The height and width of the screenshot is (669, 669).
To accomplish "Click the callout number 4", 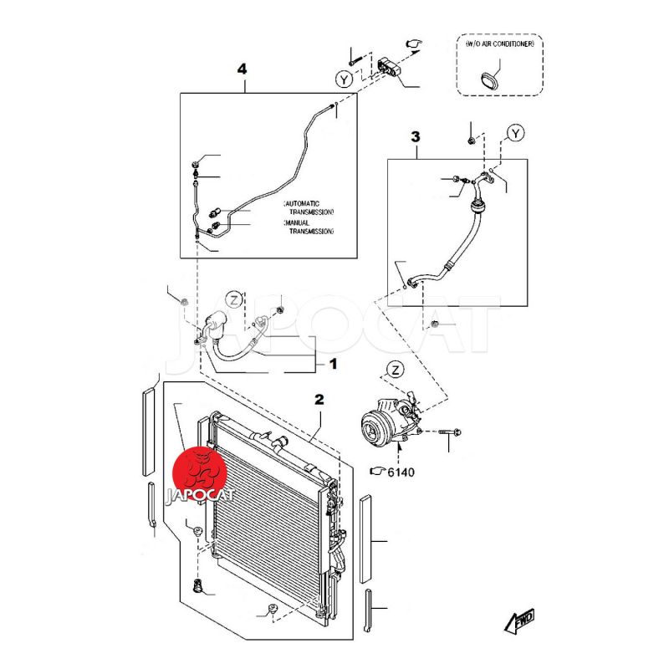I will [243, 69].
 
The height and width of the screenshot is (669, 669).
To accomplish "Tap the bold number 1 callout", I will [332, 364].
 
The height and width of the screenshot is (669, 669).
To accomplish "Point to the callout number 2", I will [319, 400].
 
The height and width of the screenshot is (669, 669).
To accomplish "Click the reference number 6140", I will [400, 472].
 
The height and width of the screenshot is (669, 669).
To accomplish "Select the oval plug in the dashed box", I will [489, 80].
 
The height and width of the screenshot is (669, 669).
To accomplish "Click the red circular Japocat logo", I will [205, 469].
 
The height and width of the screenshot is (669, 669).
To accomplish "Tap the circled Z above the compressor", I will [396, 370].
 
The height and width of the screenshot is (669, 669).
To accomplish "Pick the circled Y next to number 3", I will [516, 134].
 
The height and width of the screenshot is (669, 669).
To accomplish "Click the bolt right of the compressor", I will [446, 432].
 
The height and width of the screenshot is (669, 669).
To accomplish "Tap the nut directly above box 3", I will [472, 139].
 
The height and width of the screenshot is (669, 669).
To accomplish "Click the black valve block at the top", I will [391, 66].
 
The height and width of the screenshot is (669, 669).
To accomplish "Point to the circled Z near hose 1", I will [235, 299].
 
